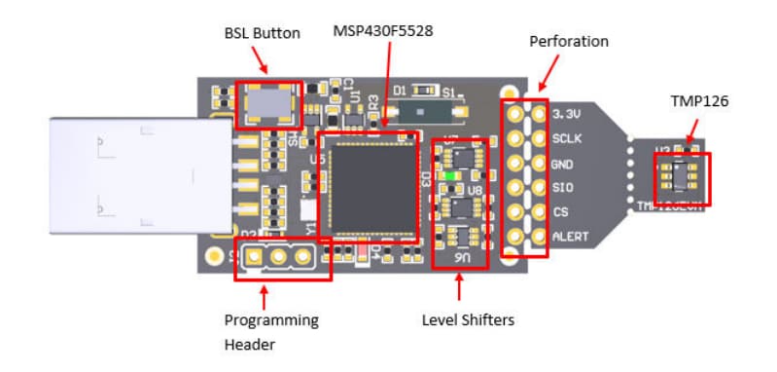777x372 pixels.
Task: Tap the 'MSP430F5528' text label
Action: [x=383, y=31]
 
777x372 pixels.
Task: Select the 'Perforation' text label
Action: [x=569, y=43]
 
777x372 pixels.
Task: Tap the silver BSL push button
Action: [x=268, y=103]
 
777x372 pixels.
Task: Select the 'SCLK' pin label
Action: [x=566, y=138]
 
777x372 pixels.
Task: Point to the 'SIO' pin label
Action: [x=562, y=187]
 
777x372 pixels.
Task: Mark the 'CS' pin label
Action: [x=559, y=211]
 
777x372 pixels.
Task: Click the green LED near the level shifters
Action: [x=451, y=177]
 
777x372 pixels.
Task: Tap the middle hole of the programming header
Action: [x=278, y=257]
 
